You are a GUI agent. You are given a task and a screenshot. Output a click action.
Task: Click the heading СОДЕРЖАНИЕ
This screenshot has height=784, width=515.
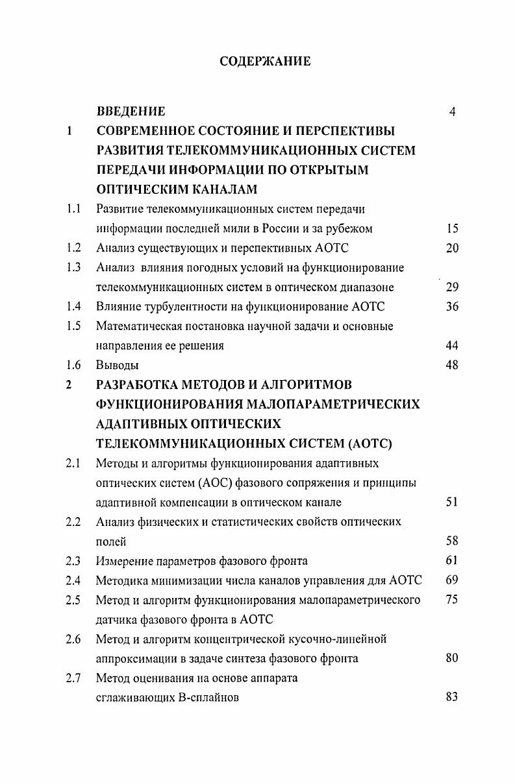coord(265,62)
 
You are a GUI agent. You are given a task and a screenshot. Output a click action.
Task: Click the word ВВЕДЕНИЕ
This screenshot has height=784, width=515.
coord(131,112)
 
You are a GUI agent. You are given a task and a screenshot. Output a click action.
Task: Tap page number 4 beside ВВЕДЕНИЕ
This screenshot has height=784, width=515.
coord(452,112)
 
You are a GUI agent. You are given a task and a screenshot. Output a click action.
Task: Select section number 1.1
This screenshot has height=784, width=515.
coord(73,209)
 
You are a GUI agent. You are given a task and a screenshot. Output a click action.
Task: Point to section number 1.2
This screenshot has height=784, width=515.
coord(73,248)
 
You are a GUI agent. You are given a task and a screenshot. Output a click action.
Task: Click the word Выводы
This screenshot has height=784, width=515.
coord(118,365)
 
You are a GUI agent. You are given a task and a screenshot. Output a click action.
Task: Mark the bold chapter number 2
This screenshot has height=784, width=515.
coord(68,385)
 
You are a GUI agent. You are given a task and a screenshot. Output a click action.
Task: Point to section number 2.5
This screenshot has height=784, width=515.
coord(73,600)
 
